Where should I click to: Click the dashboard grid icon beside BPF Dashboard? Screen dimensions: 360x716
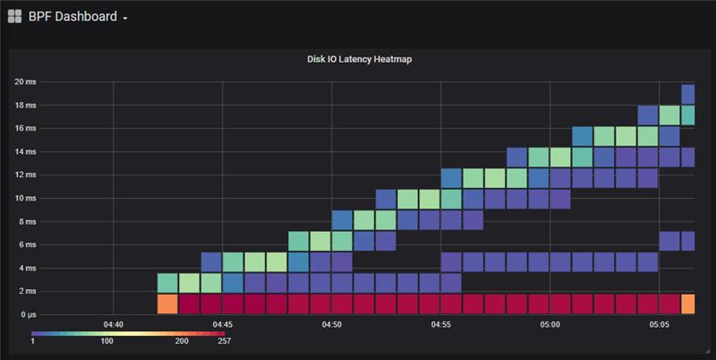[14, 15]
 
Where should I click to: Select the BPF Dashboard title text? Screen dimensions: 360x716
[72, 15]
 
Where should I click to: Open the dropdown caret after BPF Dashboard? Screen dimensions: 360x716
[125, 17]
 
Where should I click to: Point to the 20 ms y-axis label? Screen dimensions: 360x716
[24, 81]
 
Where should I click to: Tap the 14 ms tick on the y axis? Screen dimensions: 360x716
[24, 151]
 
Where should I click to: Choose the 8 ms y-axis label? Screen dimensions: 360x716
[27, 221]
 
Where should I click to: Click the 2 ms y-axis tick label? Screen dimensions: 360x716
[27, 291]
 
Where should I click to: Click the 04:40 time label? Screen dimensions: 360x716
[113, 325]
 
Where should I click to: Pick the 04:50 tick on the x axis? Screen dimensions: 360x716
[331, 325]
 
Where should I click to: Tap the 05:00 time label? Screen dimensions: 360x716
[550, 325]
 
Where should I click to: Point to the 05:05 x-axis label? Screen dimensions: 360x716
[659, 325]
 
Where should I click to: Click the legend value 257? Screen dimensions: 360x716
[223, 341]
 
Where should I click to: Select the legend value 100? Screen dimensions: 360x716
[107, 341]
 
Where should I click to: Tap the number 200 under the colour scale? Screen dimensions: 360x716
[181, 341]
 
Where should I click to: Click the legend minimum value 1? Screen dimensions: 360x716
[33, 341]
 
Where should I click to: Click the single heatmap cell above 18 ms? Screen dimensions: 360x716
[688, 93]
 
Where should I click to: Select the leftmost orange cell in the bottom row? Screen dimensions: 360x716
[167, 304]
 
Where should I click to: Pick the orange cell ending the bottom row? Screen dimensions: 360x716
[688, 304]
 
